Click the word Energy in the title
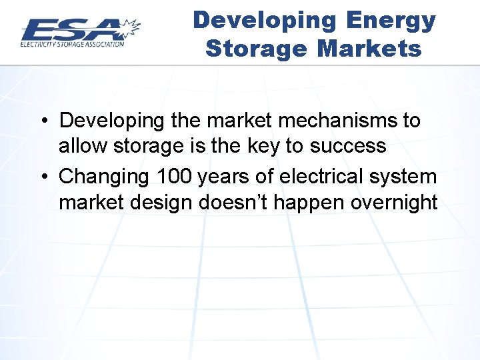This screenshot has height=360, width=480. click(x=391, y=21)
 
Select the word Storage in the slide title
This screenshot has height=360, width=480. click(x=257, y=49)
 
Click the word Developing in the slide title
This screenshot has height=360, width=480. click(x=265, y=21)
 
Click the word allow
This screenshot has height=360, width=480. click(x=81, y=145)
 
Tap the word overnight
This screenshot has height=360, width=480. click(x=389, y=201)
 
